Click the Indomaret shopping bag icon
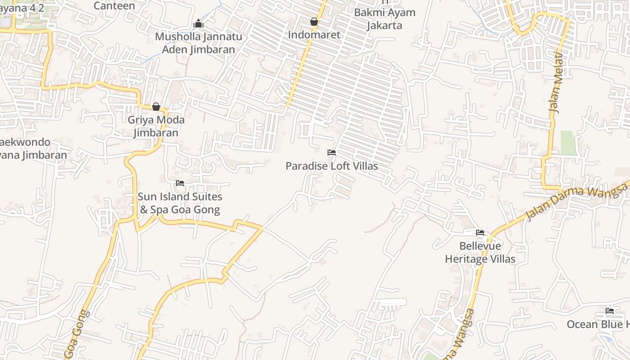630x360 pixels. coord(314,22)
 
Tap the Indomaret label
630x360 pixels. coord(314,35)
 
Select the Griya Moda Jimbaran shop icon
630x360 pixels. coord(156,107)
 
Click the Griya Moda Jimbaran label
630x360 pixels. coord(156,126)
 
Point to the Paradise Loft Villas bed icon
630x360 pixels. coord(332,153)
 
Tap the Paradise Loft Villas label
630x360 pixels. coord(332,166)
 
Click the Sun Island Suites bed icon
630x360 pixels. coord(180,183)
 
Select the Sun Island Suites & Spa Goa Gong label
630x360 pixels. coord(180,203)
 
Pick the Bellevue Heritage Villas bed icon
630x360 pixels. coord(480,233)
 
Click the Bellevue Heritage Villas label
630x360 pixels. coord(480,252)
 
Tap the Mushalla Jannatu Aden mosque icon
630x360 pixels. coord(198,23)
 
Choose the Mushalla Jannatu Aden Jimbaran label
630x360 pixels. coord(198,43)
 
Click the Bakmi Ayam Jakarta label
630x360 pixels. coord(384,19)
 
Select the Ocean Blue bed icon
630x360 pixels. coord(610,310)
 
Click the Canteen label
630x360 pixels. coord(114,6)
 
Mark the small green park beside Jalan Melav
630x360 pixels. coord(568,143)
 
